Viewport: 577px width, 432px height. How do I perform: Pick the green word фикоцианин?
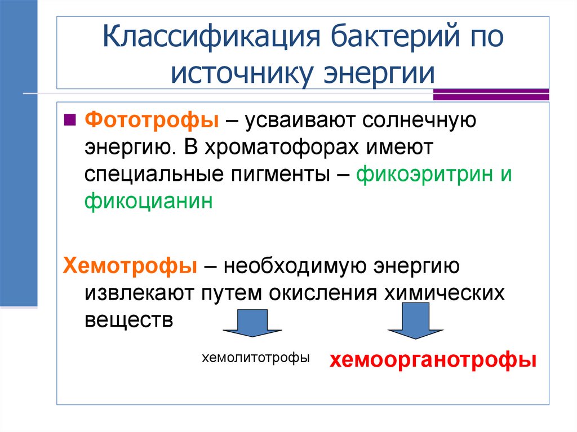tap(149, 201)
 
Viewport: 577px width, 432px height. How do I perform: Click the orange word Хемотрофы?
tap(130, 265)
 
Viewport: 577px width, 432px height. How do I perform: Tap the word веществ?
tap(127, 319)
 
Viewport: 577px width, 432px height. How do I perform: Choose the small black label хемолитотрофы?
tap(256, 357)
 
